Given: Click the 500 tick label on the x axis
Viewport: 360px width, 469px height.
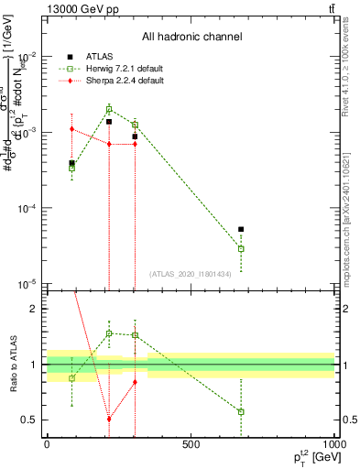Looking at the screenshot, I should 191,443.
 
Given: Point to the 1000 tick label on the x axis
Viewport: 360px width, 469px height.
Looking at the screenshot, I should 333,443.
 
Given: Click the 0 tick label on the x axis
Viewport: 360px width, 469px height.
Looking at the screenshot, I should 47,443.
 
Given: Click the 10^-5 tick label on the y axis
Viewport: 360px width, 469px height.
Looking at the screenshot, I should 27,283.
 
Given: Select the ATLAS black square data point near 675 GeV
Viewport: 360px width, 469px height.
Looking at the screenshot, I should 241,230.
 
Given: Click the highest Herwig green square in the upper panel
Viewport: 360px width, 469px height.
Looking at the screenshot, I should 109,109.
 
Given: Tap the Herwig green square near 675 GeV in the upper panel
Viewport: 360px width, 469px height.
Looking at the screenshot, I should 241,248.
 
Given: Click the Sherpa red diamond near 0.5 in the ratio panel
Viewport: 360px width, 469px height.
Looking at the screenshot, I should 109,419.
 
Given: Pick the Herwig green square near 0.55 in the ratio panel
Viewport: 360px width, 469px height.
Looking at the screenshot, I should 241,412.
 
